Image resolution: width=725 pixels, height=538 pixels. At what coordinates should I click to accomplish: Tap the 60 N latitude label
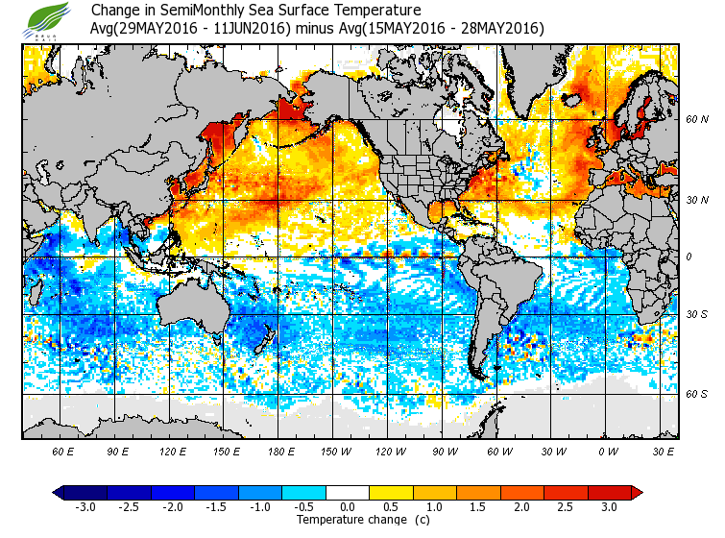[x=697, y=120]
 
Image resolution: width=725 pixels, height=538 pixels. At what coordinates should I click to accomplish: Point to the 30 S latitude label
[x=697, y=315]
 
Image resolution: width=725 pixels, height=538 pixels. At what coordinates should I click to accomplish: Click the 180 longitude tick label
[x=281, y=451]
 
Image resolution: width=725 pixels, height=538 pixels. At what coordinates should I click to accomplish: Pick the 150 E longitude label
[x=227, y=451]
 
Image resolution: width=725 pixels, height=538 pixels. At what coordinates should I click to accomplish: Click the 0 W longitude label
[x=608, y=451]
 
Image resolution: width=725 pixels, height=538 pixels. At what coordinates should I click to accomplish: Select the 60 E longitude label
[x=63, y=451]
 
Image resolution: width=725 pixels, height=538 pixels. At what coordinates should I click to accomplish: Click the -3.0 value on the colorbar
[x=85, y=506]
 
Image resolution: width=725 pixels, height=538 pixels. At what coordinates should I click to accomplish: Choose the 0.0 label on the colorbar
[x=346, y=506]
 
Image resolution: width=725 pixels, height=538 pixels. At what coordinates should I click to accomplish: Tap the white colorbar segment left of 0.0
[x=327, y=492]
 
